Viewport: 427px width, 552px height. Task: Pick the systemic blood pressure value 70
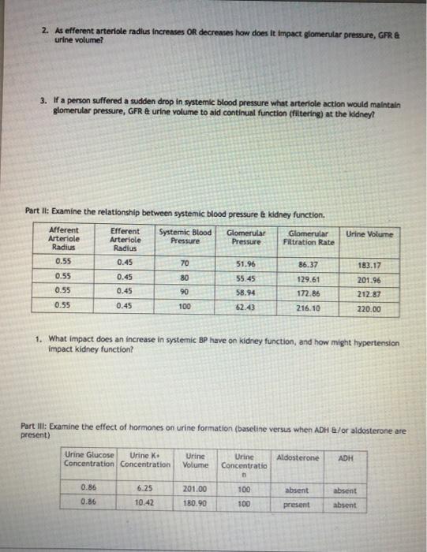click(x=185, y=263)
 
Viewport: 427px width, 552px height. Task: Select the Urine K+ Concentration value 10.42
click(x=144, y=502)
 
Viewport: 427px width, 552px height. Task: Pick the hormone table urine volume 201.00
click(x=194, y=489)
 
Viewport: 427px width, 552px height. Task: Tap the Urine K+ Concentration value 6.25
click(x=144, y=489)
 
